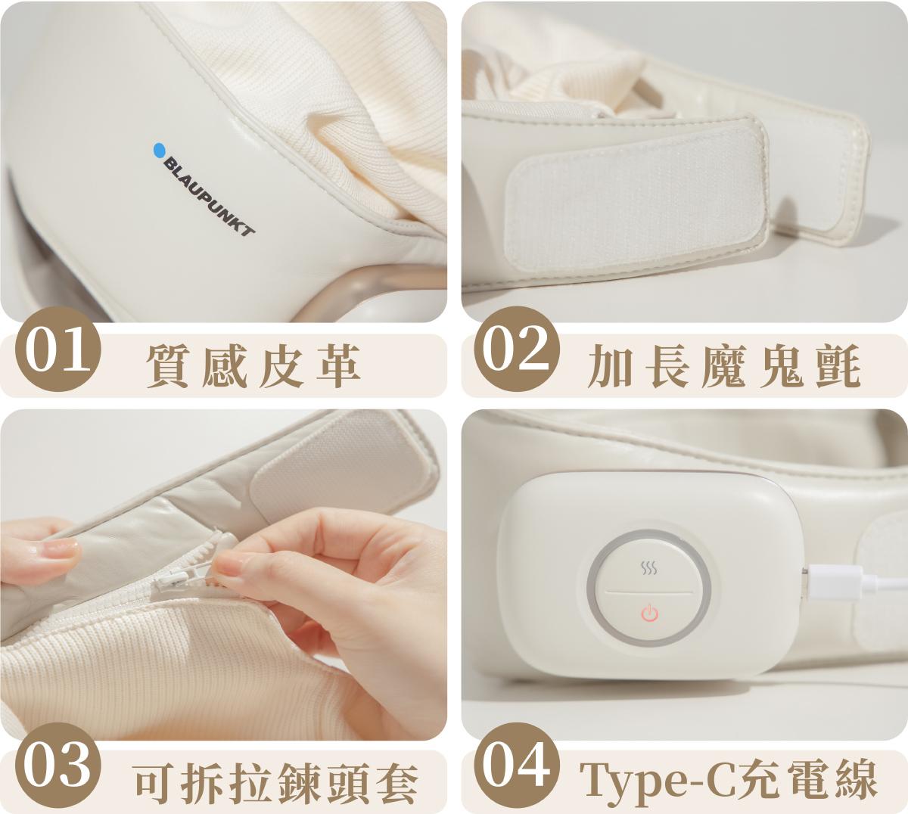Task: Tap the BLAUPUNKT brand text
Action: [x=210, y=196]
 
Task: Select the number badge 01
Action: [x=58, y=349]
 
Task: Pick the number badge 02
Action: [x=517, y=349]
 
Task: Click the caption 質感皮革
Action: [x=253, y=365]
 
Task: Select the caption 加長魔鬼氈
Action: [x=724, y=365]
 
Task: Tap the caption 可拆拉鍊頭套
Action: [x=275, y=783]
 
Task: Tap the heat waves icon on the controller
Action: [x=648, y=568]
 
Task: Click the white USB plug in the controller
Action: [x=835, y=583]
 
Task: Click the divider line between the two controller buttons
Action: [x=648, y=592]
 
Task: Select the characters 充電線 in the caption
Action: [x=807, y=783]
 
